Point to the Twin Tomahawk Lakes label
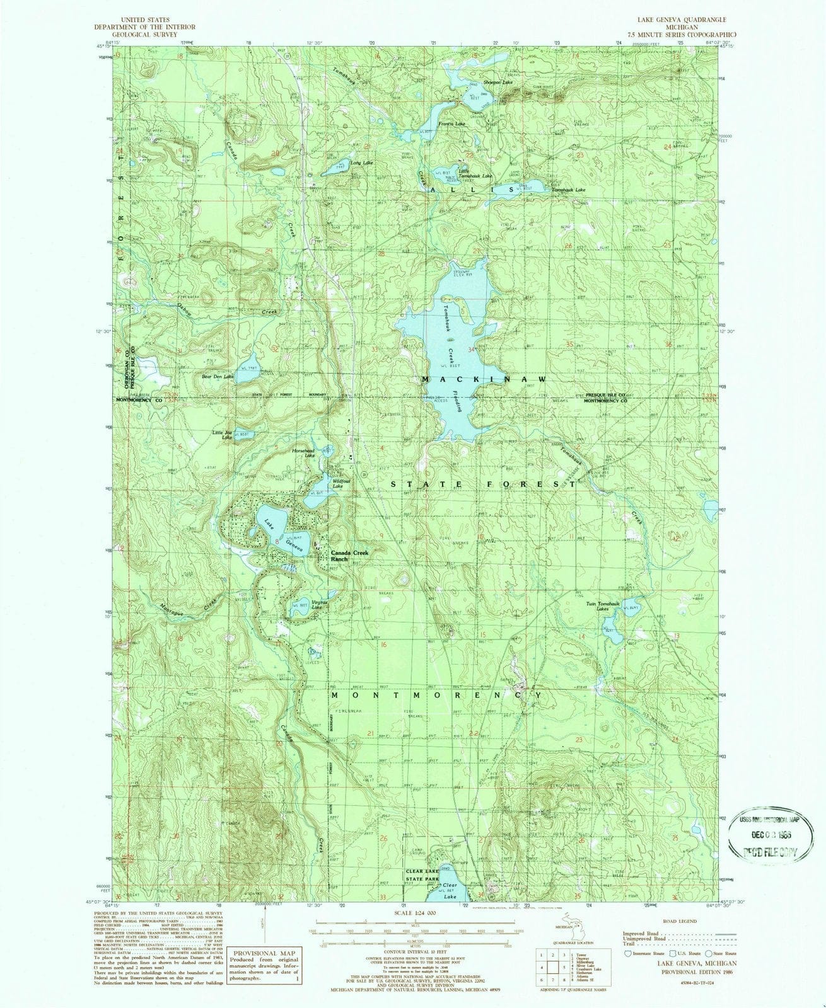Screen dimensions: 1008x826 click(603, 606)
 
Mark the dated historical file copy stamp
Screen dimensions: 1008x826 click(764, 832)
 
